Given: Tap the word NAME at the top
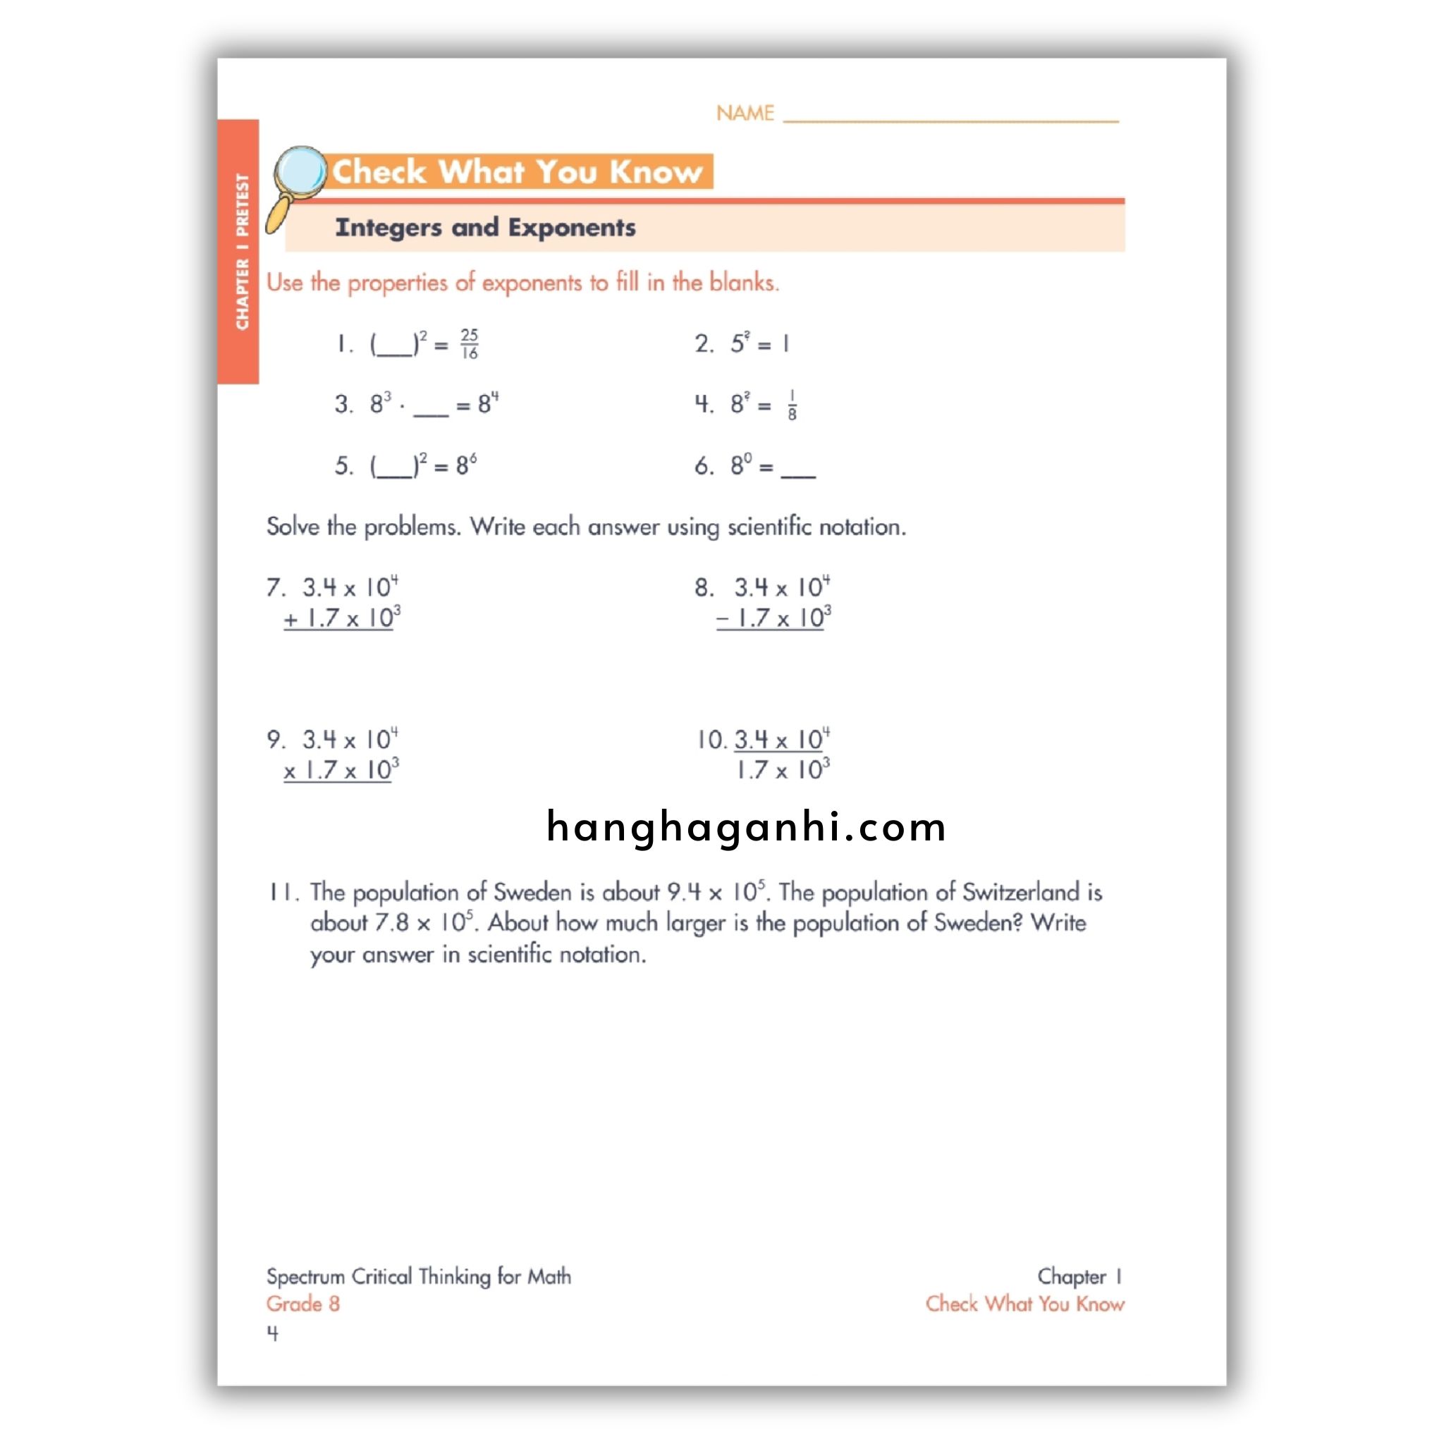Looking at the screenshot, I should pos(745,114).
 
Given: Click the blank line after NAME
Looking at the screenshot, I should pos(950,118).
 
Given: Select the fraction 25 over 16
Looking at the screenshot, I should pos(470,344).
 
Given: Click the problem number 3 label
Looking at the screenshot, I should pos(343,404).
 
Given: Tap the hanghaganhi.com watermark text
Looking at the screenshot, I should pos(746,827).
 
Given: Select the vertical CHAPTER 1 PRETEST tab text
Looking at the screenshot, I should pos(241,252).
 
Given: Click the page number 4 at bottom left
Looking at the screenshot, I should pos(273,1333).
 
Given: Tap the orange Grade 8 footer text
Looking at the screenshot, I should pos(302,1304).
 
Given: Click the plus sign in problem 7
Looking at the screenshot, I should pos(290,620).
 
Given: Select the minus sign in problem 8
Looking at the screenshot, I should pos(723,620).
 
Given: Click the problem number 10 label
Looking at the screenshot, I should pos(711,740).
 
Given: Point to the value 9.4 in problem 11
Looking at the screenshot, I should pos(684,893).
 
